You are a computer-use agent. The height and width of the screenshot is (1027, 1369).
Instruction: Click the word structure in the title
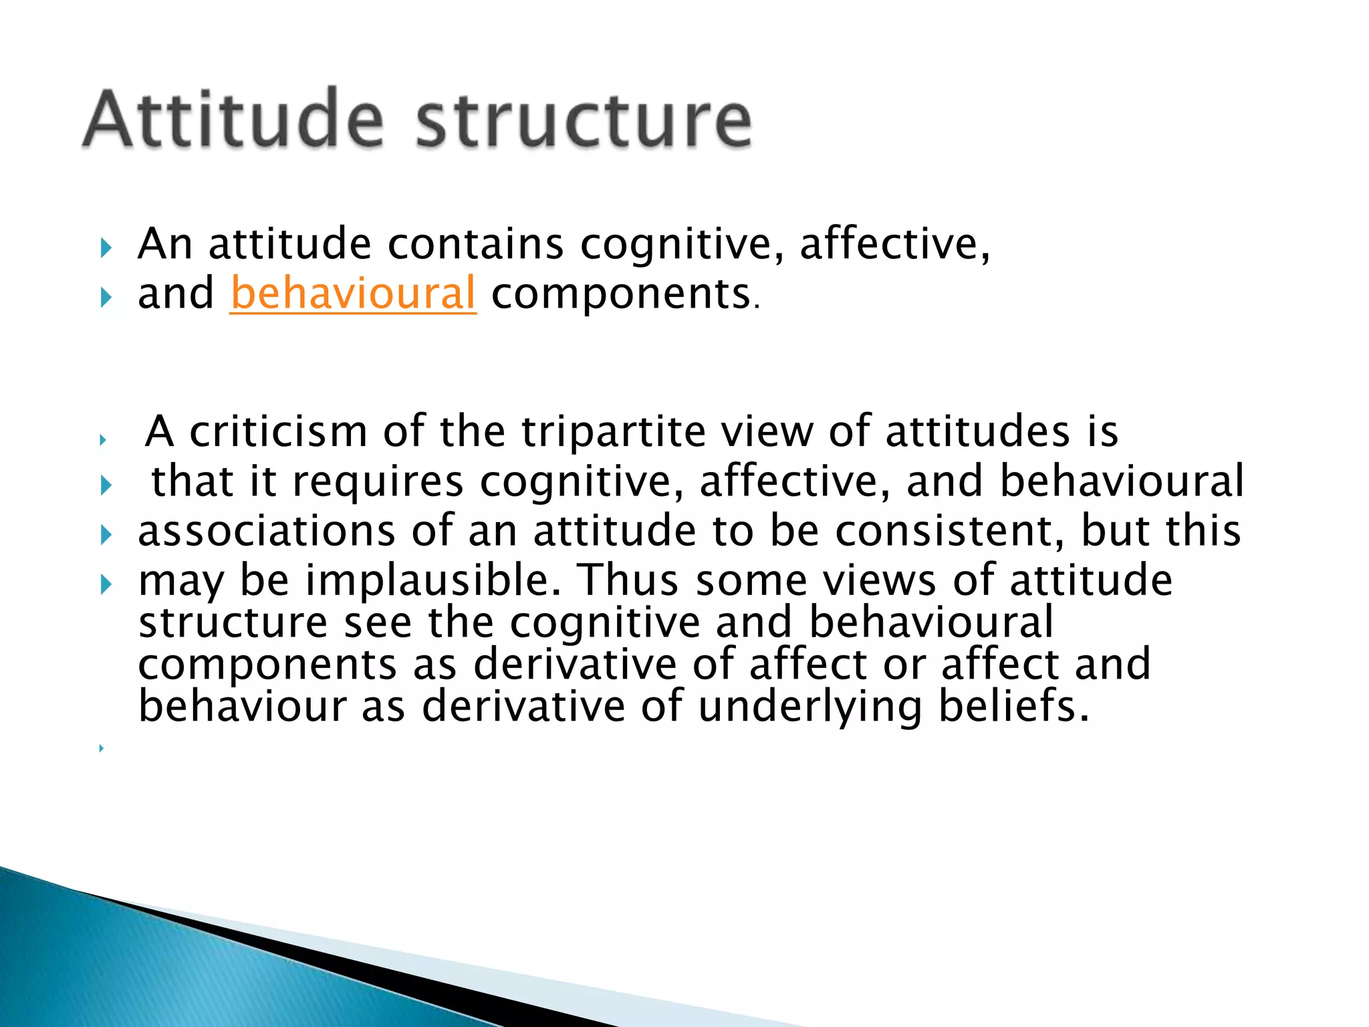(x=584, y=120)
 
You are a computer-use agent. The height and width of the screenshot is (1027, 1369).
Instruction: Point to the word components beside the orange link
(x=621, y=294)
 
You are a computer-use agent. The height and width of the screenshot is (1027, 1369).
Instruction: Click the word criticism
(x=278, y=431)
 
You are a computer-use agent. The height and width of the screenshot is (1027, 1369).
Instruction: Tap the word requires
(x=378, y=481)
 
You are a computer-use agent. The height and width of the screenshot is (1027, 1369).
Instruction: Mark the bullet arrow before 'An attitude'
(x=106, y=249)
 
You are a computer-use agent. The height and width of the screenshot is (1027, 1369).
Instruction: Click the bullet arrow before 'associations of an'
(x=106, y=535)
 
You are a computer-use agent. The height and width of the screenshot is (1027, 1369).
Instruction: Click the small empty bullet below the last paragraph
(x=101, y=748)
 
